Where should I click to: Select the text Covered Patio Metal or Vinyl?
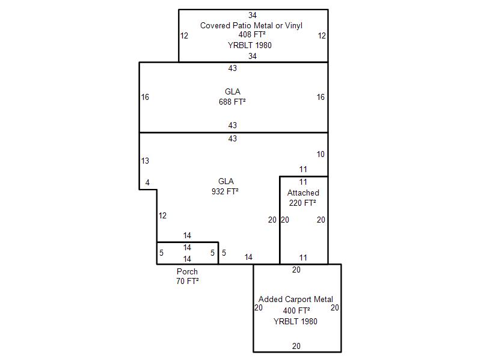[251, 25]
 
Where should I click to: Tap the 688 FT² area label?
[232, 102]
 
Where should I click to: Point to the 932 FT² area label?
[226, 191]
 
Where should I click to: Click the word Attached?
[303, 193]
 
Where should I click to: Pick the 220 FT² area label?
[303, 203]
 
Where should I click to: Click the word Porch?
[187, 271]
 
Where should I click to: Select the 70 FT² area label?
[187, 281]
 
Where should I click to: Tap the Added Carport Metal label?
[296, 299]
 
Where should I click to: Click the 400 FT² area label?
[296, 310]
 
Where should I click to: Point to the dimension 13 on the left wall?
[145, 161]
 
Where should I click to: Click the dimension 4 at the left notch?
[147, 182]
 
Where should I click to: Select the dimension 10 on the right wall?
[320, 154]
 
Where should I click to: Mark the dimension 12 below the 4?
[162, 215]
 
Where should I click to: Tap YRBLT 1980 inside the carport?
[295, 321]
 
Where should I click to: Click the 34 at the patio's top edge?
[253, 14]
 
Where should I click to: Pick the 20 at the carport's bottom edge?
[296, 346]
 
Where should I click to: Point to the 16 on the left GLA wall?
[145, 97]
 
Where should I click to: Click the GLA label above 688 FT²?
[232, 91]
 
